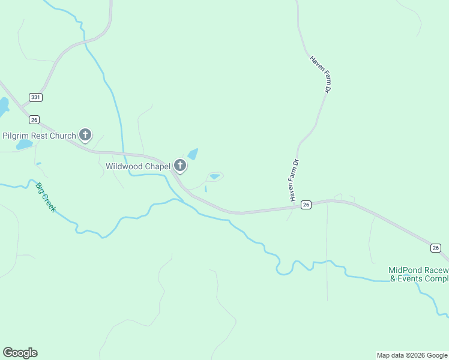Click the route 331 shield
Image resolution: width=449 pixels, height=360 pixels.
tap(35, 97)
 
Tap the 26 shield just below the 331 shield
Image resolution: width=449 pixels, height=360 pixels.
tap(34, 119)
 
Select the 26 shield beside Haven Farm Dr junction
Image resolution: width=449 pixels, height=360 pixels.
tap(306, 205)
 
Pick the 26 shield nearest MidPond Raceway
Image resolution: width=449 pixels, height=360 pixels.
tap(436, 248)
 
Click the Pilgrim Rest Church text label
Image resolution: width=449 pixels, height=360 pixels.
tap(40, 136)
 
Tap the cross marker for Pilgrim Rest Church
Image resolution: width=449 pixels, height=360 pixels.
tap(85, 136)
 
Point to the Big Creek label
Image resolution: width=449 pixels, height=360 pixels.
tap(46, 197)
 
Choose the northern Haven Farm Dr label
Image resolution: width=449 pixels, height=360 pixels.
tap(321, 74)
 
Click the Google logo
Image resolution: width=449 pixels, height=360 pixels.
tap(20, 353)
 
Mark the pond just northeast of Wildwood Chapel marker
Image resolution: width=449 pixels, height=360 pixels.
tap(193, 154)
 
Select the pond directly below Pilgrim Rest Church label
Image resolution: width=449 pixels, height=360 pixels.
tap(25, 145)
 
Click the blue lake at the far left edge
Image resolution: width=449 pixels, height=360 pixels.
tap(3, 107)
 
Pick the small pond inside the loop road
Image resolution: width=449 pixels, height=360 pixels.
tap(214, 176)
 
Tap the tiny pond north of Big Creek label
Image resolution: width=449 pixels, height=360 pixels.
tap(38, 164)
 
